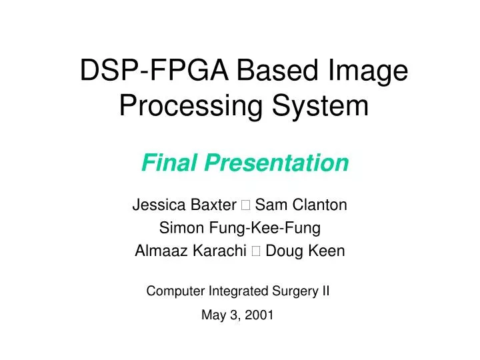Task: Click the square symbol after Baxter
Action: (x=245, y=205)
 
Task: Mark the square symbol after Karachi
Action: (x=255, y=252)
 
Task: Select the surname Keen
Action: (x=330, y=251)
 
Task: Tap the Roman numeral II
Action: (x=325, y=291)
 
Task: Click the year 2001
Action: (x=260, y=316)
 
